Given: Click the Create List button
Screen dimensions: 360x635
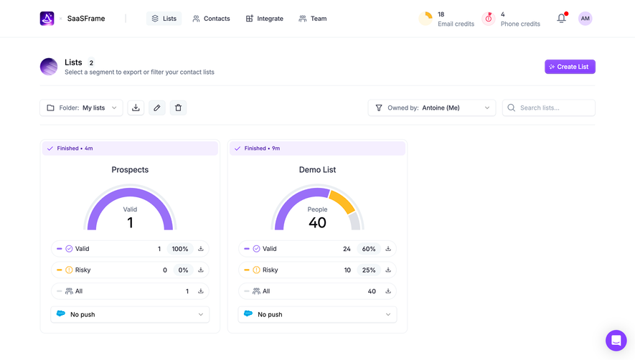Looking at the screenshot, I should (570, 67).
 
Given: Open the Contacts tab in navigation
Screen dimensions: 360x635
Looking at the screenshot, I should (211, 19).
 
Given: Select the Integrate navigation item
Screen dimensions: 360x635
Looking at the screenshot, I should (264, 19).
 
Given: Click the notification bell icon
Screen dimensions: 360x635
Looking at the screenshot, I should (561, 19).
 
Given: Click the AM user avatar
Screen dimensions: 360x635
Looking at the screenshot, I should (585, 19).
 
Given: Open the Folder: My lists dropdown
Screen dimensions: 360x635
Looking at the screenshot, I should (81, 108).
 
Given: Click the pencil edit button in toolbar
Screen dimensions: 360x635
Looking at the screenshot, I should (157, 108).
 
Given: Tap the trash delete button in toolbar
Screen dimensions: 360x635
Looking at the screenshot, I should (179, 108).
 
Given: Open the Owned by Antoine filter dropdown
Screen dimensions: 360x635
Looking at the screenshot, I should (432, 108).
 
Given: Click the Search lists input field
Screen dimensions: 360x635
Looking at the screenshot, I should (549, 108).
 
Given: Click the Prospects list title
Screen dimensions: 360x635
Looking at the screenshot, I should (130, 170).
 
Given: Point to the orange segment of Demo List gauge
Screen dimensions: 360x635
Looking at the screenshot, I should (344, 202).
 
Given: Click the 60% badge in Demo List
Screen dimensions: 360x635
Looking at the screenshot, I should (369, 249).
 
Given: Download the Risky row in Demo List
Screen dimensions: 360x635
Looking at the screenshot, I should (388, 270).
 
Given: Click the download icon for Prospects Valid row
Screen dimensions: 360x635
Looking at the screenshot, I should (201, 249).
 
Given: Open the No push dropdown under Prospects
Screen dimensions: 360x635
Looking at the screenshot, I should (130, 314).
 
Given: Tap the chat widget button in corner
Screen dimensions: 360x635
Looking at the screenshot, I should (616, 340).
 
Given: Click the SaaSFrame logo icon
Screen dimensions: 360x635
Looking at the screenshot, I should (47, 19).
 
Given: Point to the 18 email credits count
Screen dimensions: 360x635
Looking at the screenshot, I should (441, 14).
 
